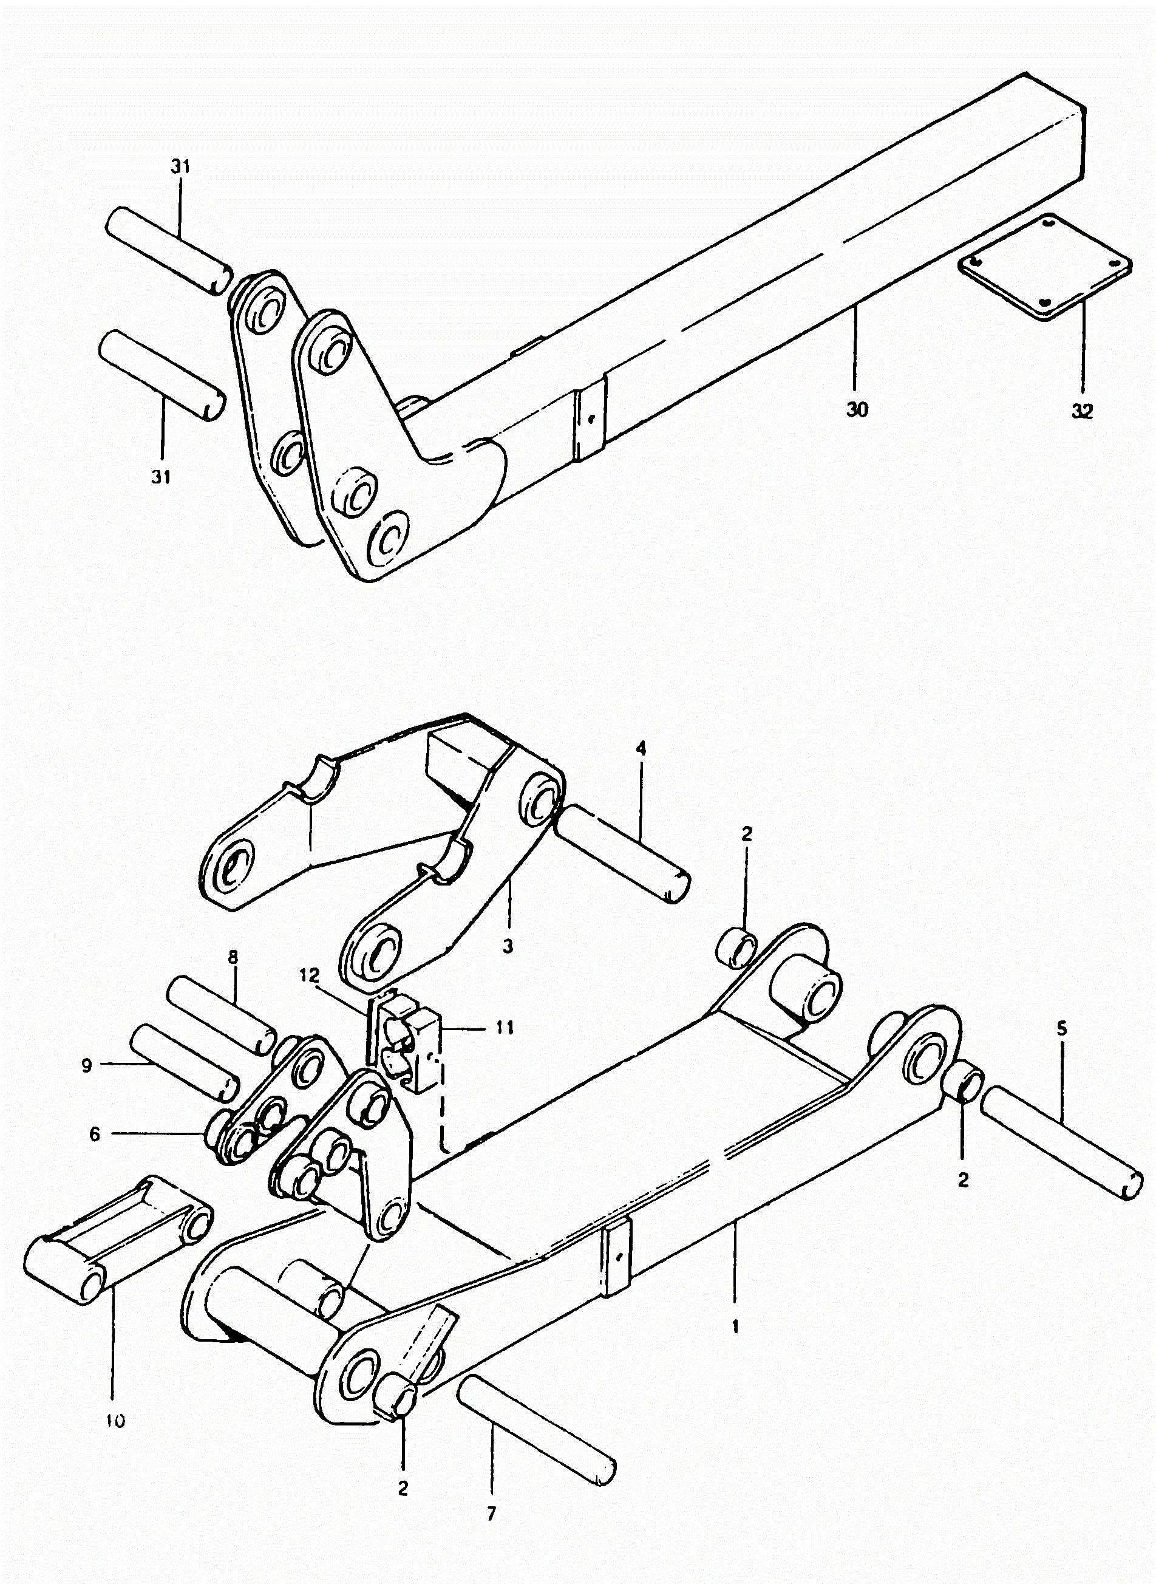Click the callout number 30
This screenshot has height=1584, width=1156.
point(856,409)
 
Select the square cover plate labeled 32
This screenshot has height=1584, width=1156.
point(1045,266)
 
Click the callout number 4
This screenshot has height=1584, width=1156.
point(641,748)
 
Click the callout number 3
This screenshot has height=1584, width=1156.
point(508,946)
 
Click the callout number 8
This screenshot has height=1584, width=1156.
point(233,957)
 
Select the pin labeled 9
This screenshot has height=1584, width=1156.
point(183,1061)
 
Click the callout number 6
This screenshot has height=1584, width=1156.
point(95,1135)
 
